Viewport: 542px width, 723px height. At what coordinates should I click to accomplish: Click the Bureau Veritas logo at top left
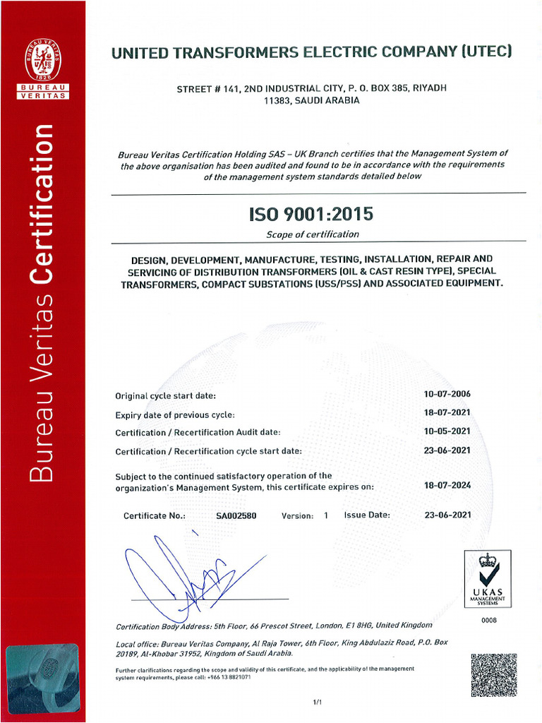pyautogui.click(x=42, y=68)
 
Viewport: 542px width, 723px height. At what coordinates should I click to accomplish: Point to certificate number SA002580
pyautogui.click(x=236, y=515)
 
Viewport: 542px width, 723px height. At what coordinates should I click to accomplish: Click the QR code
pyautogui.click(x=493, y=675)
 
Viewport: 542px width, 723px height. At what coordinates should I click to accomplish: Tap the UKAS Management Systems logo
pyautogui.click(x=488, y=579)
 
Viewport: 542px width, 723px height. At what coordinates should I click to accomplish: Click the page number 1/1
pyautogui.click(x=317, y=702)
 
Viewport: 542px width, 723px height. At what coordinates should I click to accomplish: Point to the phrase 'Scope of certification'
pyautogui.click(x=312, y=234)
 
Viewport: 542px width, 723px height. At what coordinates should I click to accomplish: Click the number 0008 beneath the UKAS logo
pyautogui.click(x=489, y=620)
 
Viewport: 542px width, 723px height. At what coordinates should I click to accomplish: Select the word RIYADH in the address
pyautogui.click(x=430, y=88)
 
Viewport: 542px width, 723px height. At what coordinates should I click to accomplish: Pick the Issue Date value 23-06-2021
pyautogui.click(x=447, y=515)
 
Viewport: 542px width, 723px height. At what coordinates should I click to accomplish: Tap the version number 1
pyautogui.click(x=326, y=516)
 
